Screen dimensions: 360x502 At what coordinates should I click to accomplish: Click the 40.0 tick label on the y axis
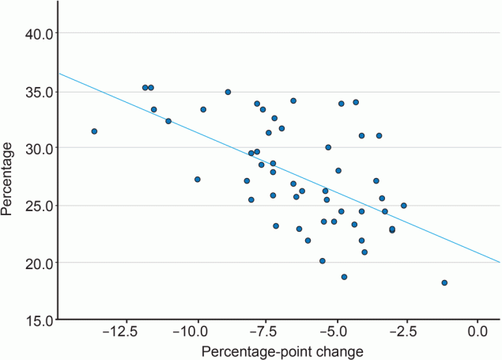coord(36,34)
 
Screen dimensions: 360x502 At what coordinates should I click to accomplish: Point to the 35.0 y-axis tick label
coord(36,92)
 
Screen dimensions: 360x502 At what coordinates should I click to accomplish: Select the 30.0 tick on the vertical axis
coord(36,149)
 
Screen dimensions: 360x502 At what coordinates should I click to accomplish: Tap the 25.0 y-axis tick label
coord(36,206)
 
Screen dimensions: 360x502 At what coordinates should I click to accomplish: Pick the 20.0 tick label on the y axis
coord(36,263)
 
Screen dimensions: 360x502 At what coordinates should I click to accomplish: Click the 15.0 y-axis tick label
coord(36,320)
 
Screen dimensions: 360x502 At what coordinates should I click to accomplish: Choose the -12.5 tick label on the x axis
coord(125,332)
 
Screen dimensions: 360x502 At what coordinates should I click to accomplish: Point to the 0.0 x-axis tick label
coord(477,332)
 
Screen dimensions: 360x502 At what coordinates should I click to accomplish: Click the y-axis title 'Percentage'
coord(9,178)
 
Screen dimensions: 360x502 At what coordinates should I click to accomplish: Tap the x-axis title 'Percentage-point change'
coord(282,351)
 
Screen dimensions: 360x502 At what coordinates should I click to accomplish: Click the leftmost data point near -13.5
coord(94,131)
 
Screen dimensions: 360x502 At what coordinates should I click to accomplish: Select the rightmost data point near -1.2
coord(444,282)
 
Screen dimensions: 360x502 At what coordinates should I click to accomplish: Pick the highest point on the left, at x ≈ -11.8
coord(145,88)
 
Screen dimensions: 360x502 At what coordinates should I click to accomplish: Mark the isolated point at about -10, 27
coord(198,180)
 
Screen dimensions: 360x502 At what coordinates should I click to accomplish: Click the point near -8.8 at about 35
coord(228,92)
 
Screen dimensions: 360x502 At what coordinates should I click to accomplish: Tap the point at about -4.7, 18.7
coord(344,277)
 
